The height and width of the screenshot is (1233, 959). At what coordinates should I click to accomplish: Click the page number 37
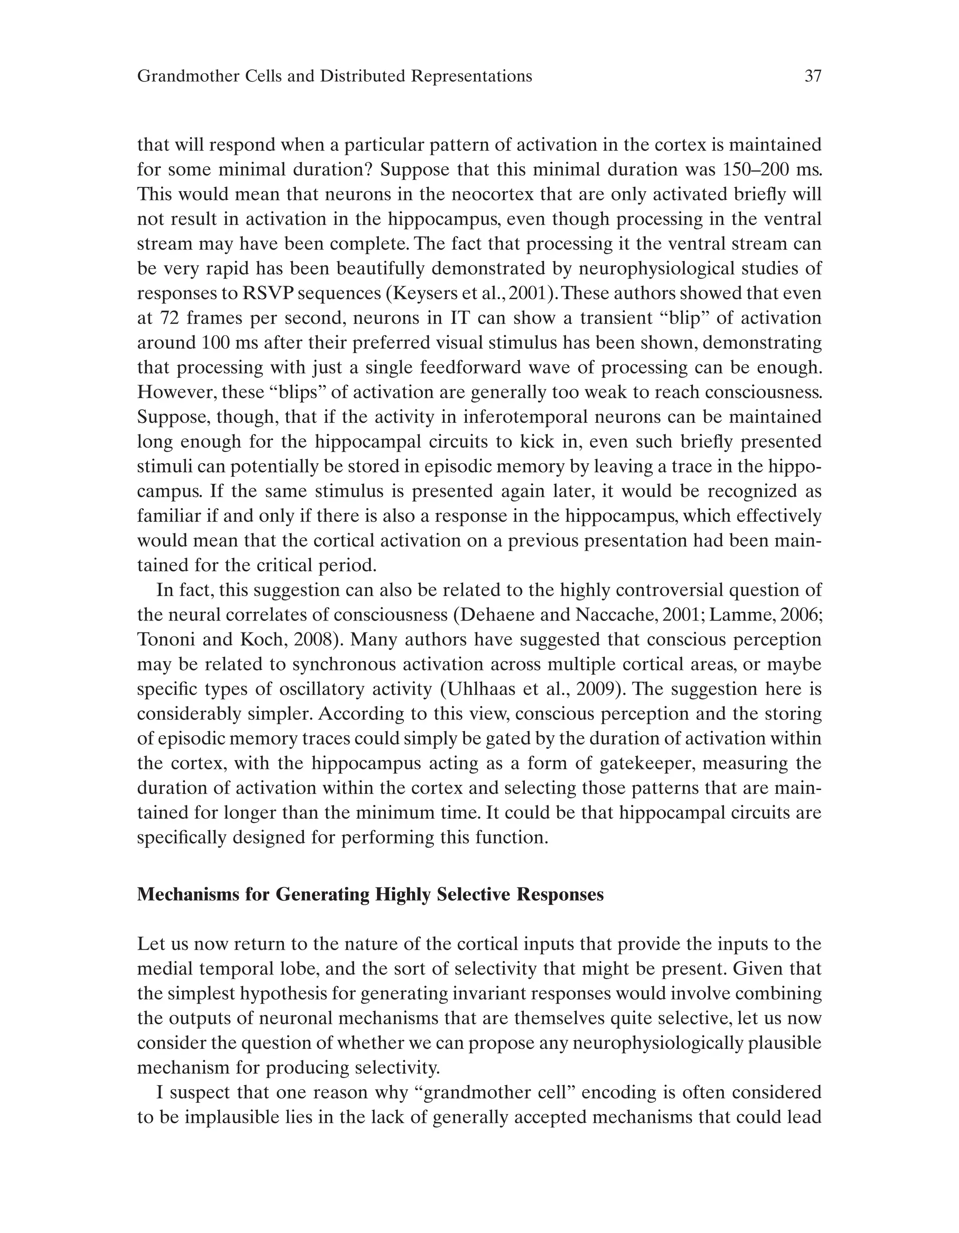(x=812, y=76)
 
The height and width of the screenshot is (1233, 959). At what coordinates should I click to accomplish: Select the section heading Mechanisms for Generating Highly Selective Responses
(x=370, y=895)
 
